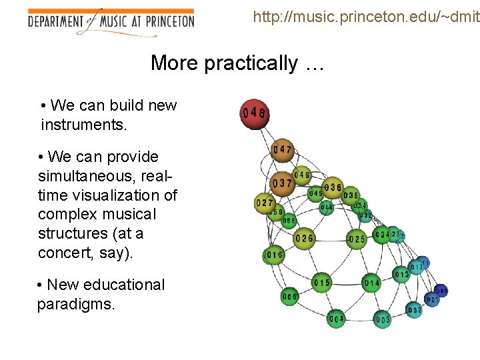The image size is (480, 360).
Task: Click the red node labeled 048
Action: click(x=254, y=113)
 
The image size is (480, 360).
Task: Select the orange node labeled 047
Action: click(x=283, y=150)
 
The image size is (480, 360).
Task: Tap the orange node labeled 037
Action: click(x=283, y=183)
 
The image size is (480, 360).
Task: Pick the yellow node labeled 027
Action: click(x=265, y=203)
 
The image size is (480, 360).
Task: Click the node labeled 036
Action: click(x=333, y=188)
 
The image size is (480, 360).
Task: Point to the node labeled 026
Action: click(x=304, y=238)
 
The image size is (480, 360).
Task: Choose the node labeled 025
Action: click(x=357, y=239)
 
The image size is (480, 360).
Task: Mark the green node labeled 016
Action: click(x=274, y=255)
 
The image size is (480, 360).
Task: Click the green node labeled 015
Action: click(x=322, y=283)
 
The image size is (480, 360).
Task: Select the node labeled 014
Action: click(x=371, y=283)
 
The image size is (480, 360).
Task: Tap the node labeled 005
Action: click(x=290, y=296)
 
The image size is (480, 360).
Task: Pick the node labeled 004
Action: click(x=336, y=319)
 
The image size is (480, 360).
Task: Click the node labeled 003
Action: click(x=383, y=320)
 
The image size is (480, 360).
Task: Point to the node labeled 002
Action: click(x=414, y=311)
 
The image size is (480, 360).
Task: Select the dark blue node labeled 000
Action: click(x=441, y=291)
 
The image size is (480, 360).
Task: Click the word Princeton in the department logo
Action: click(x=169, y=21)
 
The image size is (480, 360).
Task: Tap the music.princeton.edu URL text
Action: click(x=365, y=16)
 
